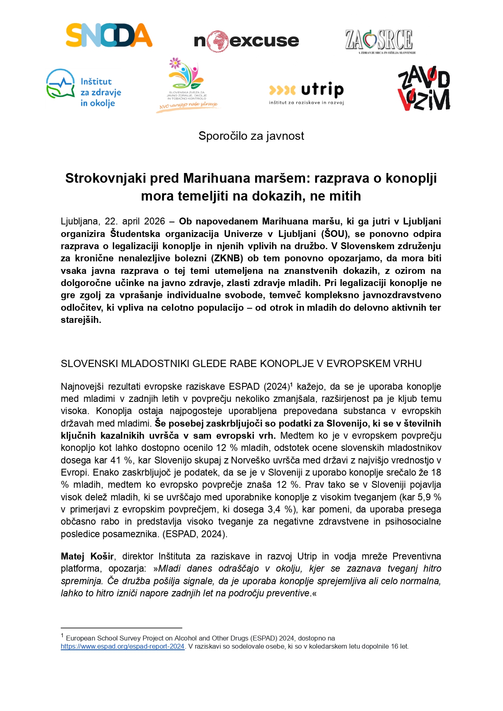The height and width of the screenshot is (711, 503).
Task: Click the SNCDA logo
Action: click(109, 36)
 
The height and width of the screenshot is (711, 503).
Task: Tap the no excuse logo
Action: click(246, 41)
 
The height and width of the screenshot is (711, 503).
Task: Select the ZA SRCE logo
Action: click(379, 41)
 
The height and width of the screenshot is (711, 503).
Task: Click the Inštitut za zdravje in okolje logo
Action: click(84, 88)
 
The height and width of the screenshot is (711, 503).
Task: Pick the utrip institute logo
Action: click(307, 93)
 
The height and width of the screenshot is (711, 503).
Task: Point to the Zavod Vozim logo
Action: click(424, 88)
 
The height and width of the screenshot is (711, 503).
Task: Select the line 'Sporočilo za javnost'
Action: click(251, 136)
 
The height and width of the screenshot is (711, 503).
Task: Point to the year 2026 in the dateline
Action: click(155, 222)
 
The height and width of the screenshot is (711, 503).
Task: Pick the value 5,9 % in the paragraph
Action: click(429, 497)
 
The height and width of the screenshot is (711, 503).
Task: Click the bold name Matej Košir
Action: click(87, 556)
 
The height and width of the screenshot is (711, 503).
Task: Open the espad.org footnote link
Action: click(123, 647)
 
